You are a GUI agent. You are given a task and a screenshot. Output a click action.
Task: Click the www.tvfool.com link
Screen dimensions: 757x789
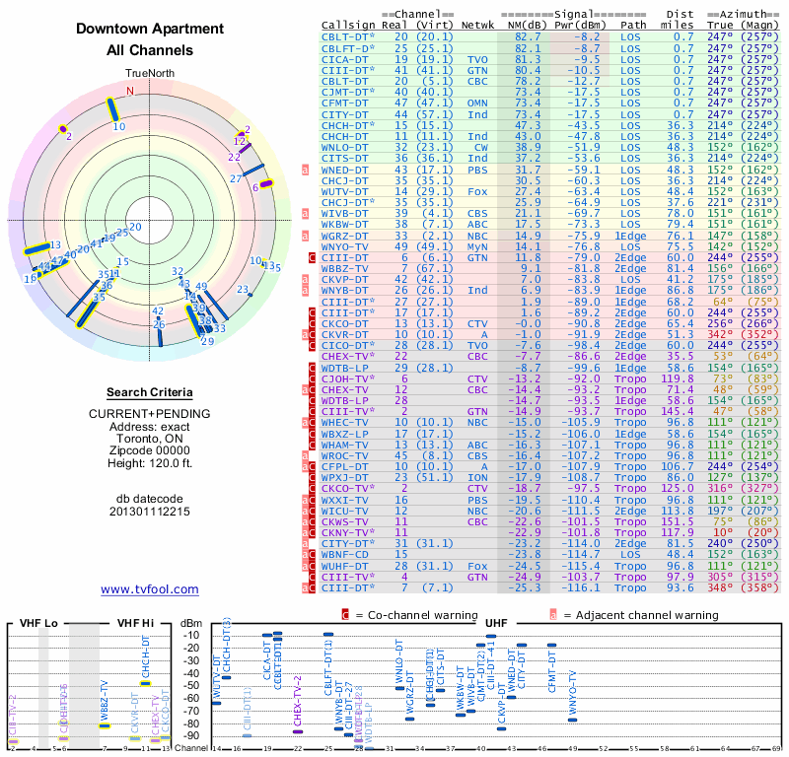(149, 589)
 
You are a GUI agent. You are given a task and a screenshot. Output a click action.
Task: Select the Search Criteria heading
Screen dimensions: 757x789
(149, 392)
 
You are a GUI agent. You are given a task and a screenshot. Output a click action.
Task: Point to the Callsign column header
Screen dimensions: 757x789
(348, 24)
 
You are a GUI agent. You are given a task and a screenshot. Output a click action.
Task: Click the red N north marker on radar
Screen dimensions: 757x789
(128, 91)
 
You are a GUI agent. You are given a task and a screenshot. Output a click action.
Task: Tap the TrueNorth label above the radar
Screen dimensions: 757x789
(149, 74)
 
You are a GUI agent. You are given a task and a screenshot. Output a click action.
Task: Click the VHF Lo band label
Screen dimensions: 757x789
(38, 623)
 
